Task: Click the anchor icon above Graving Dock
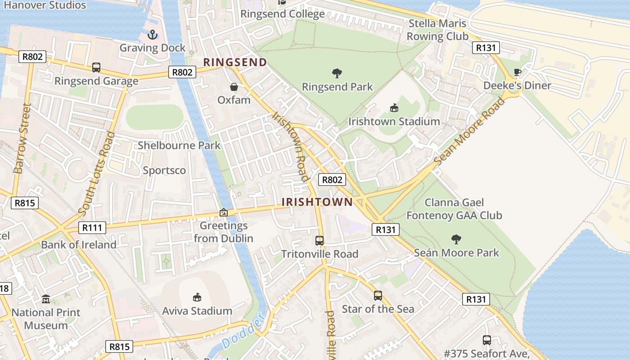[153, 35]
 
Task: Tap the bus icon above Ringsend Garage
[96, 67]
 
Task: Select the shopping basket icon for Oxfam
[234, 86]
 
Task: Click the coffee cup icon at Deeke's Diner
[517, 72]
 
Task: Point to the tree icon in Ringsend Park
[337, 73]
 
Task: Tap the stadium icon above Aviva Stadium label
[197, 297]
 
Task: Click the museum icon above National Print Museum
[46, 299]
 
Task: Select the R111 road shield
[92, 228]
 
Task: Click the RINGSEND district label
[235, 62]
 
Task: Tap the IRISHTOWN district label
[317, 202]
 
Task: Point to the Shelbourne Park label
[179, 145]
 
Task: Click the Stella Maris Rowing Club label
[438, 30]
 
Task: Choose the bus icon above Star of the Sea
[378, 296]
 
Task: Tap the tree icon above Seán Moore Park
[456, 239]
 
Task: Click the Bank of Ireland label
[79, 245]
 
